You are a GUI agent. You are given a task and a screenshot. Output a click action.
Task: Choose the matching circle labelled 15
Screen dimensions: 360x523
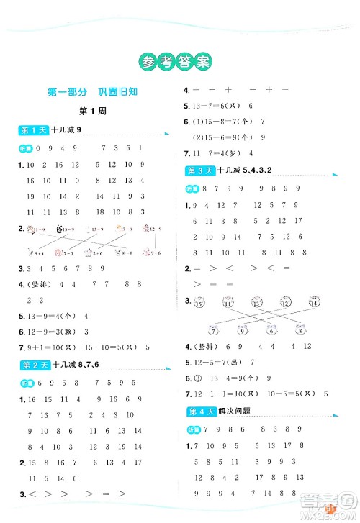pos(199,303)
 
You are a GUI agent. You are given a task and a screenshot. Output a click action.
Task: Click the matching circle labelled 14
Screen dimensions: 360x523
pos(314,303)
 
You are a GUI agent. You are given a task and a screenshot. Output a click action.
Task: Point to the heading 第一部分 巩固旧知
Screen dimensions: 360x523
pos(89,91)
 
